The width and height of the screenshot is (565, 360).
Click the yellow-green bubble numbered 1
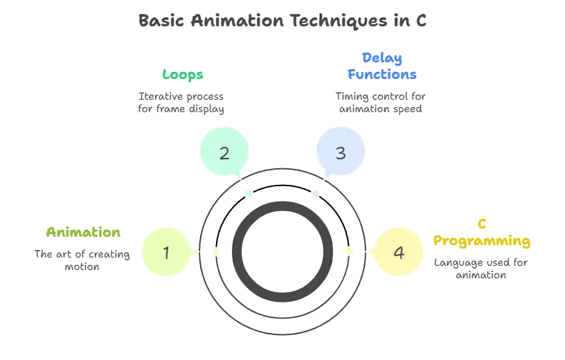tap(166, 252)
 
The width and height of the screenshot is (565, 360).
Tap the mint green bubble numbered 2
tap(224, 152)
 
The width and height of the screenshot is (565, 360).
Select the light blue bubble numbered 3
tap(340, 152)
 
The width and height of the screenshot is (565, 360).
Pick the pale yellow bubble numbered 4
tap(398, 252)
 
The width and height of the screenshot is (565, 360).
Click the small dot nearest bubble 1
tap(215, 251)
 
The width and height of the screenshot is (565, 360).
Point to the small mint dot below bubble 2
tap(249, 193)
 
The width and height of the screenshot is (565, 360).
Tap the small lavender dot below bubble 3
tap(316, 194)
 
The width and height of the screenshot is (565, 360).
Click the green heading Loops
tap(182, 73)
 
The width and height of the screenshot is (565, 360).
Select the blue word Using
tap(382, 57)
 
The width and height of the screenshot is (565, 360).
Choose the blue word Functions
tap(382, 74)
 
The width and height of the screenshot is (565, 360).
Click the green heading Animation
tap(83, 232)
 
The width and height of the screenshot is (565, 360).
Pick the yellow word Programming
tap(482, 241)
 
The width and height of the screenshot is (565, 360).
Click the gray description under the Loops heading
tap(182, 101)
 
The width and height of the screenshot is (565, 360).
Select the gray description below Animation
tap(83, 259)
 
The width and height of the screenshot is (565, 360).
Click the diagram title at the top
tap(282, 19)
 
